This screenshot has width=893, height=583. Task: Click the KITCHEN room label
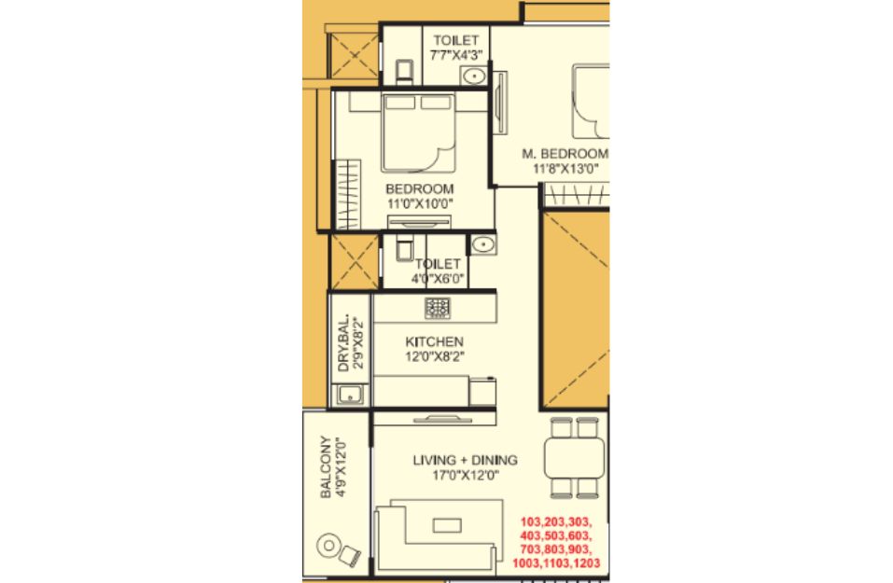click(x=434, y=341)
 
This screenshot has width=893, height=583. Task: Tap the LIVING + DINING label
click(x=466, y=460)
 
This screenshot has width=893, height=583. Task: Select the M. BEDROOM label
click(x=565, y=154)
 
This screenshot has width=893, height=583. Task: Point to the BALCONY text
click(x=325, y=466)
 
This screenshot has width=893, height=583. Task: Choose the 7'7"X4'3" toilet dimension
click(x=456, y=55)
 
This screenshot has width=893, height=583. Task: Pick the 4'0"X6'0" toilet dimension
click(x=438, y=279)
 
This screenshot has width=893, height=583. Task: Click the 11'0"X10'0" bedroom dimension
click(x=420, y=204)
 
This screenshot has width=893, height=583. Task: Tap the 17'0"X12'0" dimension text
click(x=466, y=475)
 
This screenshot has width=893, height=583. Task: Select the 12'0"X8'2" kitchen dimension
click(x=434, y=357)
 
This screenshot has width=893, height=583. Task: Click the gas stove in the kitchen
click(x=438, y=308)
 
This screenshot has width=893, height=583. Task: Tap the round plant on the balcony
click(x=328, y=546)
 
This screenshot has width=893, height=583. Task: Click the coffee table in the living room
click(x=447, y=525)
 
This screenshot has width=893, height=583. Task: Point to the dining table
click(x=575, y=458)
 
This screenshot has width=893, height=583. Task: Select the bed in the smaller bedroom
click(x=419, y=133)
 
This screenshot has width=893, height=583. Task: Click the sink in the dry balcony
click(x=350, y=395)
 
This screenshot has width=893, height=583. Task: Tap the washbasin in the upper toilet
click(x=473, y=76)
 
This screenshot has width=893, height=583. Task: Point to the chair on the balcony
click(x=351, y=554)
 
